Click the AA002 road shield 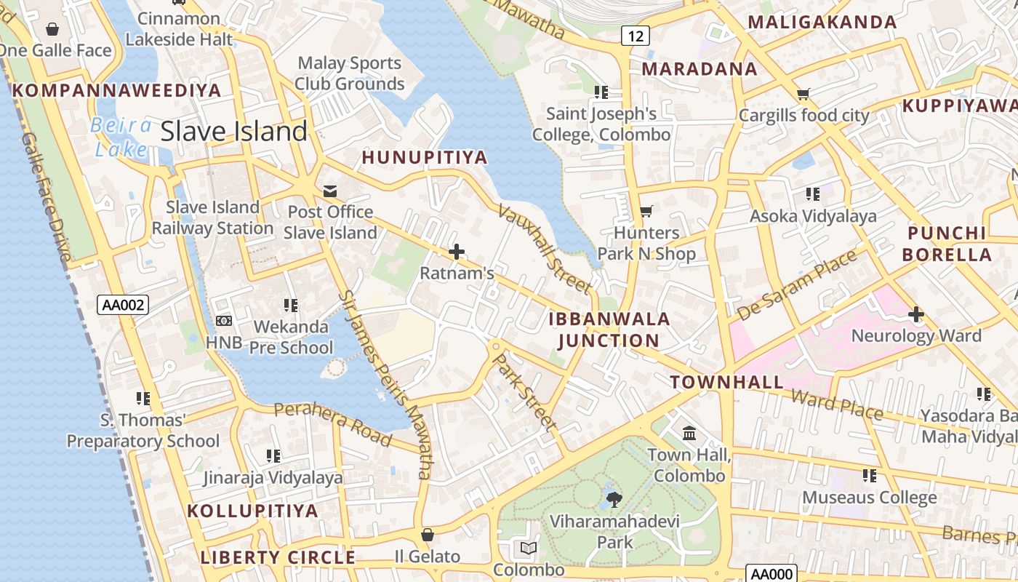coord(123,306)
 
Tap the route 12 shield coord(635,35)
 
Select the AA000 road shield coord(771,574)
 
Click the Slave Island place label coord(233,132)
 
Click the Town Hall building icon coord(689,434)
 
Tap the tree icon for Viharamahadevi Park coord(614,499)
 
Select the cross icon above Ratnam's coord(457,252)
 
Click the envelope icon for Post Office coord(329,191)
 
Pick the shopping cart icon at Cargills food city coord(803,94)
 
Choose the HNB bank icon coord(224,320)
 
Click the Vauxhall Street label coord(545,249)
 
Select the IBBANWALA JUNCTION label coord(609,330)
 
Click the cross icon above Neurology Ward coord(915,314)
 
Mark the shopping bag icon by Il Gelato coord(428,535)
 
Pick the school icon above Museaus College coord(869,476)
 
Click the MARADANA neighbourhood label coord(700,69)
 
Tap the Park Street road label coord(524,392)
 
